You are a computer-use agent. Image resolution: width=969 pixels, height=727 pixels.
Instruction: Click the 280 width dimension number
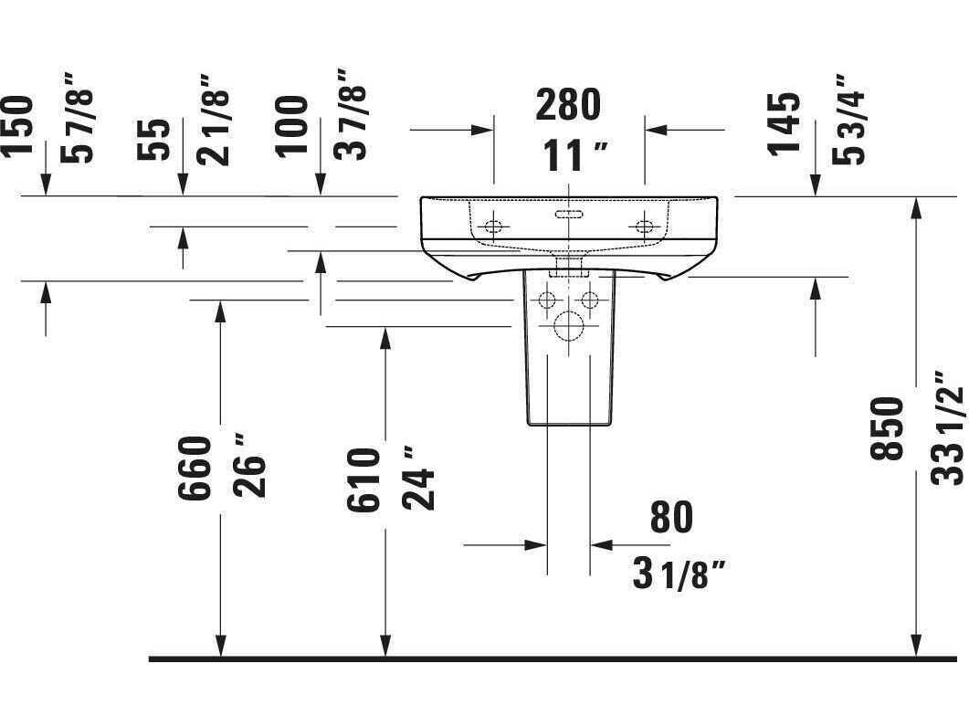[x=568, y=104]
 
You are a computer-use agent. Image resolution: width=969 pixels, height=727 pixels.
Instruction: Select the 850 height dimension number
[x=887, y=428]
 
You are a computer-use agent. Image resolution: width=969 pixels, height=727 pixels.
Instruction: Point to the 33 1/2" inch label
[x=947, y=427]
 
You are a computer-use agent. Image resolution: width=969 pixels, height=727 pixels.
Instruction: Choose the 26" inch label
[x=249, y=467]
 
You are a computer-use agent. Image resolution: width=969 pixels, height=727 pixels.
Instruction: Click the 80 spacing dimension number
[x=671, y=517]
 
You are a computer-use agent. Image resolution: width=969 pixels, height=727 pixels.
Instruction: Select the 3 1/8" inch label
[x=678, y=574]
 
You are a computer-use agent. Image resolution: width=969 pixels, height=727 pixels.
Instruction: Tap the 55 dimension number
[x=153, y=140]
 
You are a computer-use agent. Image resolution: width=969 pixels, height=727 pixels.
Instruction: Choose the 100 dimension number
[x=291, y=127]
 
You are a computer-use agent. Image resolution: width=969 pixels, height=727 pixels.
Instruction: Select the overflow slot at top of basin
[x=568, y=215]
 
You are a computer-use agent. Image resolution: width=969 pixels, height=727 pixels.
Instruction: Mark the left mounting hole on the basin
[x=493, y=227]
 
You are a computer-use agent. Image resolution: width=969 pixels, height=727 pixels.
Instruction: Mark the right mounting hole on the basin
[x=645, y=227]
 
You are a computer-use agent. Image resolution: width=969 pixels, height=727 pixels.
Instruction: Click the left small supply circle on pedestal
[x=547, y=300]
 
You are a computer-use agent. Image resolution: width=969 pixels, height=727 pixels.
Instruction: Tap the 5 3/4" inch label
[x=849, y=121]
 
